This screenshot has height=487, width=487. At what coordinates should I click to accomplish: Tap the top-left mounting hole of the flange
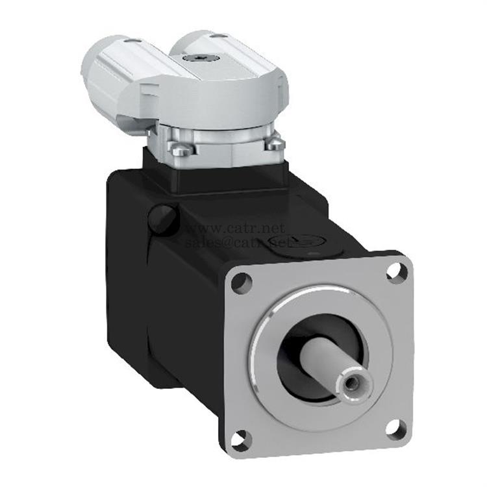point(241,282)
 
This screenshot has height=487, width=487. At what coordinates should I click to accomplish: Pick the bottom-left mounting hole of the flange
point(240,439)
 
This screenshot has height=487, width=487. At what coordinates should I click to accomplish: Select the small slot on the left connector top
point(126,42)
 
